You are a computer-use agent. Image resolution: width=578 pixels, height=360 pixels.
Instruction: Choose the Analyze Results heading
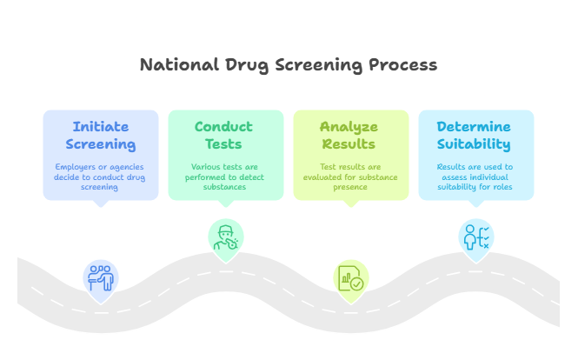coord(349,136)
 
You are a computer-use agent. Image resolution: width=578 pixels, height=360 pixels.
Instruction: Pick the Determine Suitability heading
coord(474,136)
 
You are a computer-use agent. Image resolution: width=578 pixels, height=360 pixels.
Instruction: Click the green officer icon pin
coord(225,237)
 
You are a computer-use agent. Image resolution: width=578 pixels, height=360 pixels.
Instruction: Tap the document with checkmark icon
coord(350,279)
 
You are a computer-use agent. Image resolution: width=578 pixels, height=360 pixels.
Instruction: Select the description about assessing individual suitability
coord(474,177)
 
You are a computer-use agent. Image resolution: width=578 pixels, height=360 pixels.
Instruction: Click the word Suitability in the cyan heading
coord(474,144)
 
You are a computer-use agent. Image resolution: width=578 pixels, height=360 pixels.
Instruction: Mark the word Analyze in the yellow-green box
coord(349,127)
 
